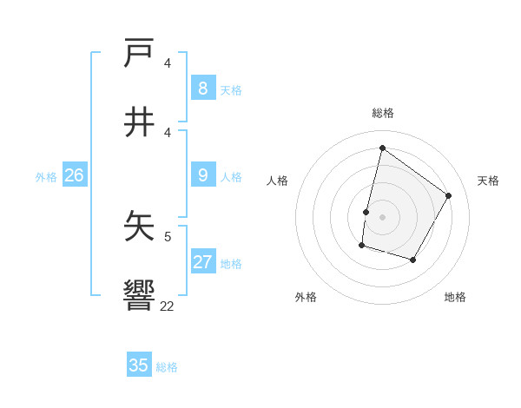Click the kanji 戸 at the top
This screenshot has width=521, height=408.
[x=140, y=53]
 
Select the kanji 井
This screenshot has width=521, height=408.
[x=140, y=122]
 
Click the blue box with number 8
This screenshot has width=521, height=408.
[x=202, y=89]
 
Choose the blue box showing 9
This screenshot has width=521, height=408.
[x=202, y=176]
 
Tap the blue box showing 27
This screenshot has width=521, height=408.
[x=202, y=263]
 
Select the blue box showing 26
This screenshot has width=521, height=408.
[x=74, y=176]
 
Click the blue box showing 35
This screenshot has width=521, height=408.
[x=139, y=365]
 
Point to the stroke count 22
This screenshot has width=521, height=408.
[x=167, y=306]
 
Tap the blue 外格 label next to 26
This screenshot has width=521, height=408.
[x=46, y=177]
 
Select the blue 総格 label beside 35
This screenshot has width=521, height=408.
[x=167, y=367]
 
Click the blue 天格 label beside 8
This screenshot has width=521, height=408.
[x=230, y=90]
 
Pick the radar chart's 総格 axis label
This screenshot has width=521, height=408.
[x=382, y=113]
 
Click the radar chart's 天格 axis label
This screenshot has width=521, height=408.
[x=488, y=181]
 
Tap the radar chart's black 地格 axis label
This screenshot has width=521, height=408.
[x=455, y=297]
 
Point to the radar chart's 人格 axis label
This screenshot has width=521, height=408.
[x=277, y=181]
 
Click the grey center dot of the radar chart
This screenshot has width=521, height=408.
[x=382, y=216]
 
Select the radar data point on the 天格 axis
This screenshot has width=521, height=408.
[x=449, y=195]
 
